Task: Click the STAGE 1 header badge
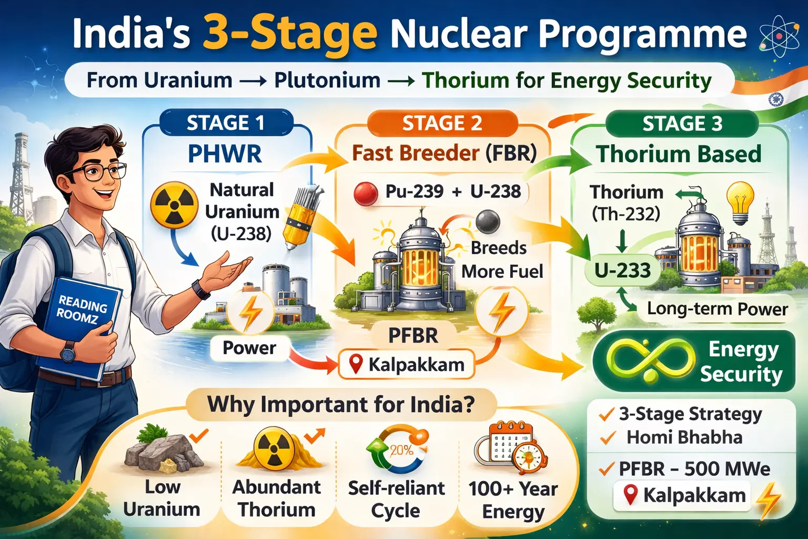[225, 123]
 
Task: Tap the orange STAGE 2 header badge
[442, 123]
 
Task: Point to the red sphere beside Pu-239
[366, 193]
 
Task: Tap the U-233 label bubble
[622, 271]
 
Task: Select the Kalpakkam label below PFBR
[407, 364]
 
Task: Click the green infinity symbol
[650, 361]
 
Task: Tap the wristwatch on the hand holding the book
[68, 351]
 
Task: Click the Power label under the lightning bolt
[249, 348]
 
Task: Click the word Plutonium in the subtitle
[327, 81]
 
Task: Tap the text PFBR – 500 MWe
[694, 468]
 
